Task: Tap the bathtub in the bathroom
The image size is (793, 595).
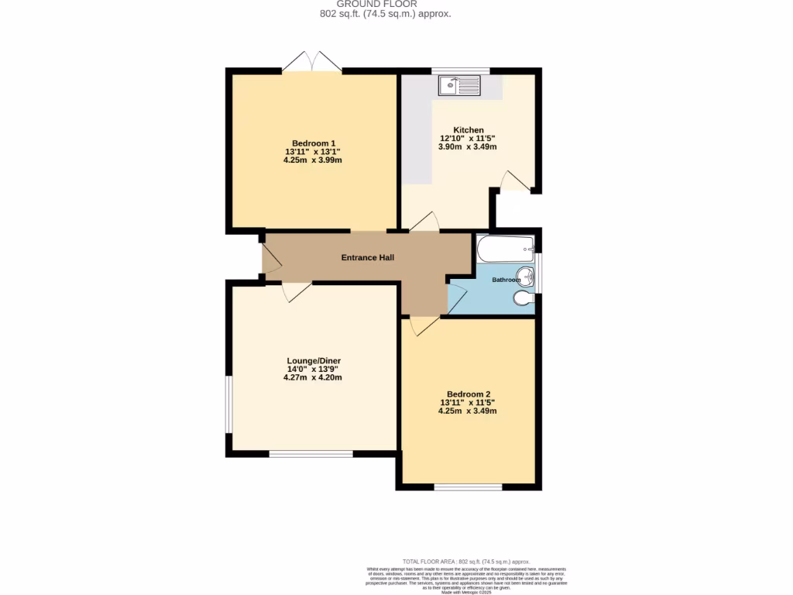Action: (504, 249)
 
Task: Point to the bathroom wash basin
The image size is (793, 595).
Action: (526, 275)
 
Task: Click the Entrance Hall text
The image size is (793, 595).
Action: (368, 257)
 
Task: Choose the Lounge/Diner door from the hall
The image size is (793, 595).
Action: (297, 291)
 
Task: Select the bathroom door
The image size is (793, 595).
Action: (457, 297)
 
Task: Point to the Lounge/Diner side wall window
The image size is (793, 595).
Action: (228, 405)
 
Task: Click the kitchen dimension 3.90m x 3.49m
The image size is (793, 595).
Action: (468, 146)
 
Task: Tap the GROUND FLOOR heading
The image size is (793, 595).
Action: (385, 4)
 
